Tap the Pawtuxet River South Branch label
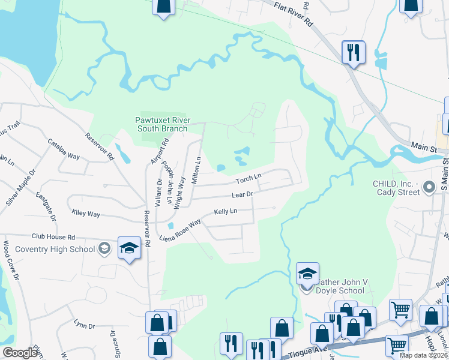tap(163, 124)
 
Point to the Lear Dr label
tap(244, 194)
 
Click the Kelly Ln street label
tap(226, 212)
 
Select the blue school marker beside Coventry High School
tap(129, 248)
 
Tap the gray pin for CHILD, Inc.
tap(429, 188)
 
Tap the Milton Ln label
tap(197, 170)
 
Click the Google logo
tap(20, 353)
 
